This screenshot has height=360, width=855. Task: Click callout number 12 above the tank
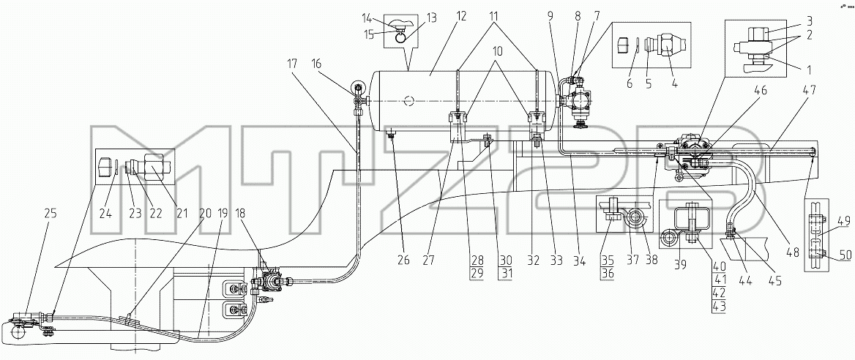pos(462,17)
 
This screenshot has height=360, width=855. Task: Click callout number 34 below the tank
pos(579,260)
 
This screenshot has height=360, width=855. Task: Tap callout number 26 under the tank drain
pos(403,260)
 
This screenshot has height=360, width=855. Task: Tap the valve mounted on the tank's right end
pos(576,102)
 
